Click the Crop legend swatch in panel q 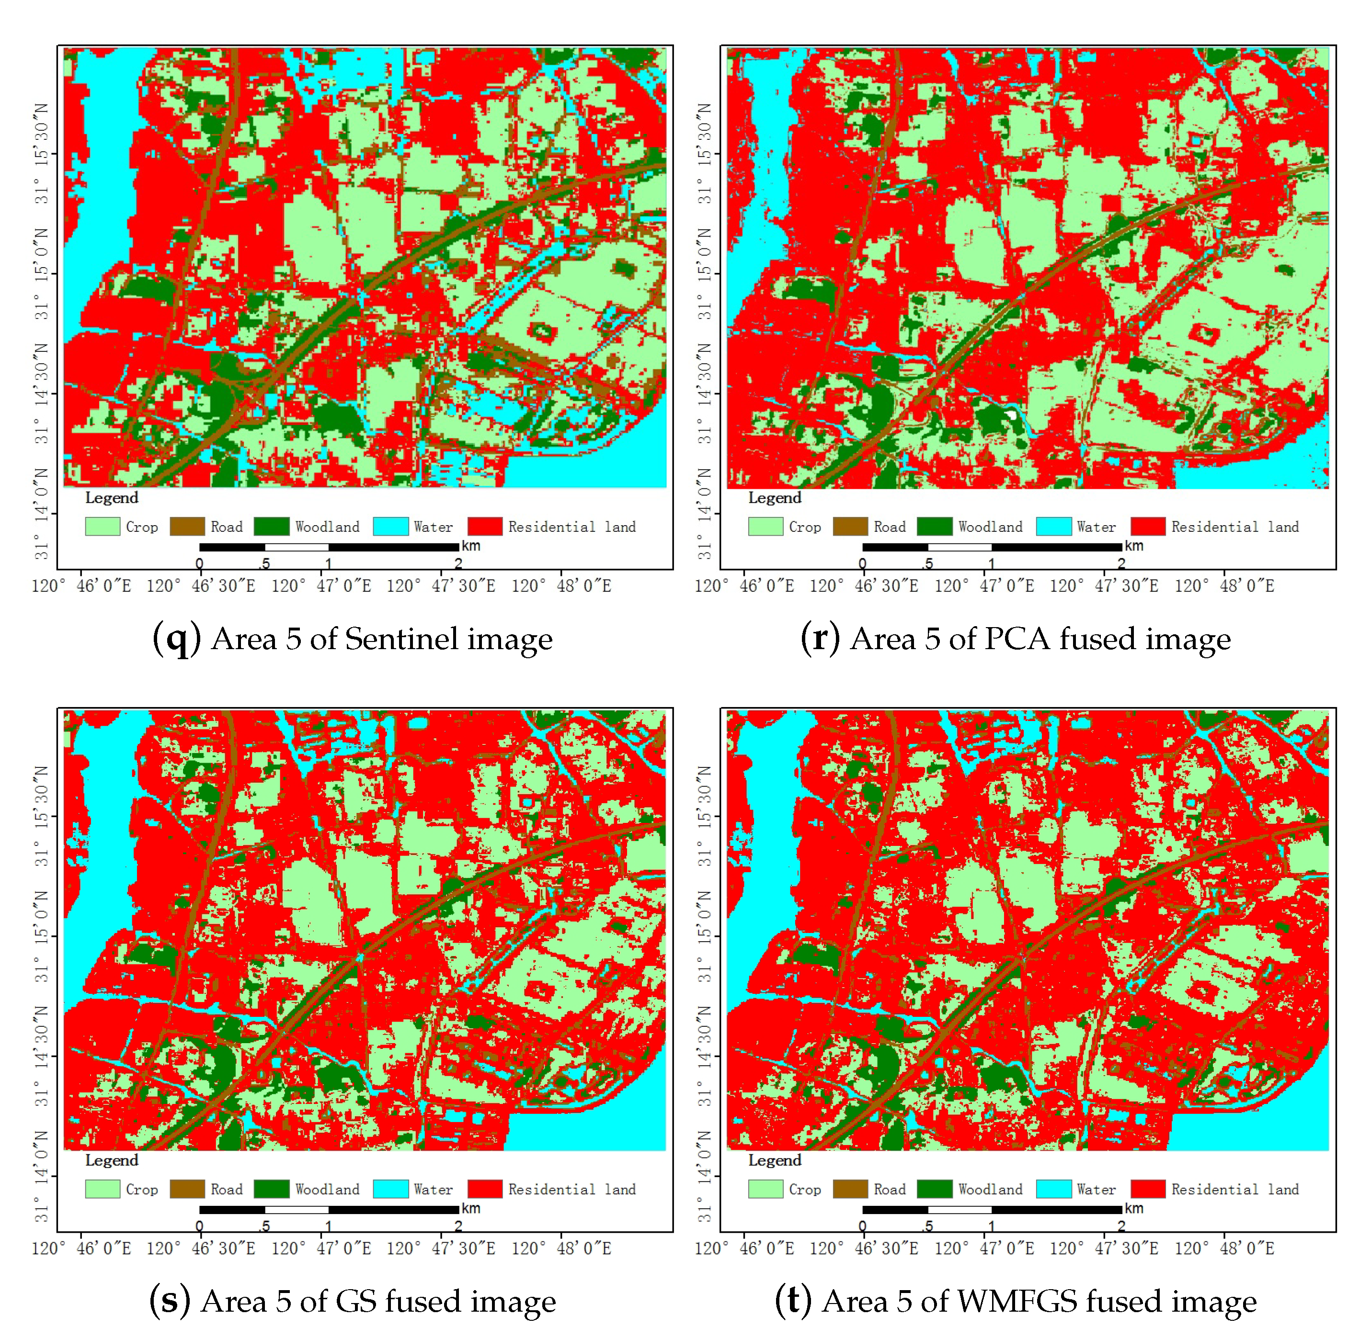pyautogui.click(x=103, y=527)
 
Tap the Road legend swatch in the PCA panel pyautogui.click(x=850, y=527)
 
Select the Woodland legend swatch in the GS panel pyautogui.click(x=272, y=1189)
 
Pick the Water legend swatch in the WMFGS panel pyautogui.click(x=1053, y=1189)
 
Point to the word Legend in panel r pyautogui.click(x=774, y=497)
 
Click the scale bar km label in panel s pyautogui.click(x=471, y=1208)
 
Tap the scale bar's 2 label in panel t pyautogui.click(x=1121, y=1226)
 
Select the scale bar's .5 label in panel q pyautogui.click(x=264, y=563)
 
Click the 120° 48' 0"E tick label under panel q pyautogui.click(x=561, y=585)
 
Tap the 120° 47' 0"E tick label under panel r pyautogui.click(x=984, y=585)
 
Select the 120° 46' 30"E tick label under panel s pyautogui.click(x=201, y=1248)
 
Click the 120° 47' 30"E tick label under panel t pyautogui.click(x=1104, y=1248)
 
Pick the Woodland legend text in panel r pyautogui.click(x=990, y=527)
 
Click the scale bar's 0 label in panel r pyautogui.click(x=863, y=563)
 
